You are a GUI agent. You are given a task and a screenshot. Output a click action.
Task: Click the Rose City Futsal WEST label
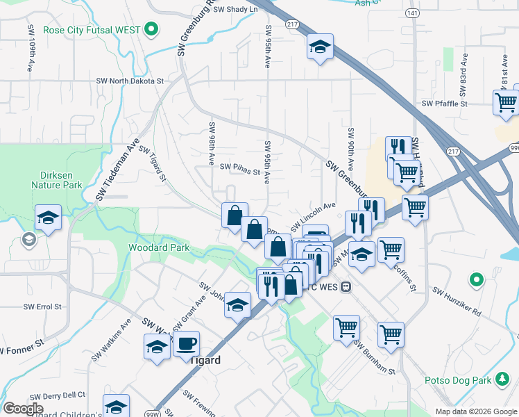pyautogui.click(x=92, y=30)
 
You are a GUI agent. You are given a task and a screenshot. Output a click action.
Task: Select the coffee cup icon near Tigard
pyautogui.click(x=185, y=343)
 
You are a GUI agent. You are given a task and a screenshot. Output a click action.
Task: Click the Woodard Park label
pyautogui.click(x=159, y=247)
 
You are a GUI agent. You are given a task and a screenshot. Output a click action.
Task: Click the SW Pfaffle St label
pyautogui.click(x=445, y=104)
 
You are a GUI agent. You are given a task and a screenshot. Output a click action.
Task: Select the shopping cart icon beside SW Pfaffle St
pyautogui.click(x=506, y=102)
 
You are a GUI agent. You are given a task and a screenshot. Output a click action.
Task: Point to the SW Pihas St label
pyautogui.click(x=239, y=167)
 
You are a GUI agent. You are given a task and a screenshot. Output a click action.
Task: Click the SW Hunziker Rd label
pyautogui.click(x=457, y=301)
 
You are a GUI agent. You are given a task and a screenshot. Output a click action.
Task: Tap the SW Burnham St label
pyautogui.click(x=374, y=355)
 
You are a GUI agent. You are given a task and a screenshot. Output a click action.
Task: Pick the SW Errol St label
pyautogui.click(x=42, y=306)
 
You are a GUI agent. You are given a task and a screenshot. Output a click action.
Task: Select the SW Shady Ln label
pyautogui.click(x=235, y=9)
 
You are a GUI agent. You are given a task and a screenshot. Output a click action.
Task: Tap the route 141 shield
pyautogui.click(x=413, y=13)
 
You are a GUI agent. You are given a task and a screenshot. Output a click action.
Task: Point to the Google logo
pyautogui.click(x=23, y=409)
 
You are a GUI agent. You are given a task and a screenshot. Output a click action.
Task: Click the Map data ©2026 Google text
pyautogui.click(x=475, y=411)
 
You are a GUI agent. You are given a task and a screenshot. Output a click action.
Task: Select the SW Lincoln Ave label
pyautogui.click(x=312, y=215)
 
